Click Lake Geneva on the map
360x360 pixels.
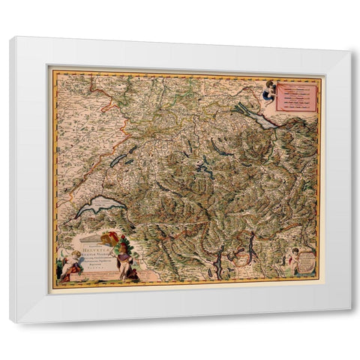[x=101, y=205]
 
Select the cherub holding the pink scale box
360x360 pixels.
[x=268, y=91]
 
